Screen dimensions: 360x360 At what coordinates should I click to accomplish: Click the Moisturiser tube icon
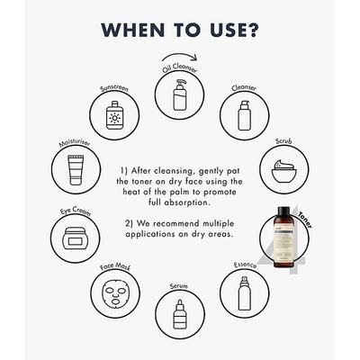[x=76, y=170]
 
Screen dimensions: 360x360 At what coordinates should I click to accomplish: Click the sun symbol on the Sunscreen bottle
[x=114, y=118]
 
